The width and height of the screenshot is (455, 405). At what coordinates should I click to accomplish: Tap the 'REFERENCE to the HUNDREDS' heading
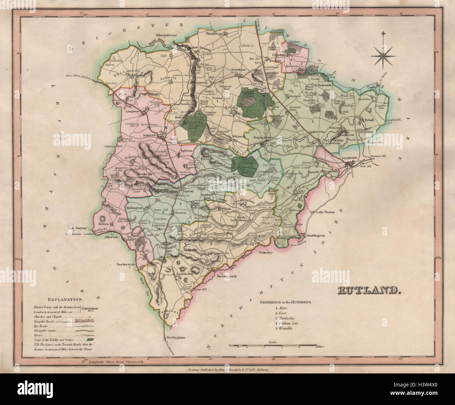click(286, 302)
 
